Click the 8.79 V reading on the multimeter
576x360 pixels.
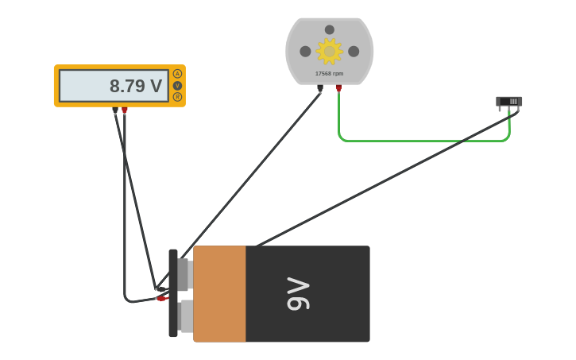point(135,86)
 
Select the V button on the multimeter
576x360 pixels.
point(177,86)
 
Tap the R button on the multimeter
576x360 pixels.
point(177,97)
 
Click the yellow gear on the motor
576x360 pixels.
point(329,51)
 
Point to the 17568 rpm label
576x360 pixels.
point(329,74)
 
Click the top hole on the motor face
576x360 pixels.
point(329,30)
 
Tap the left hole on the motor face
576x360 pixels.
point(305,52)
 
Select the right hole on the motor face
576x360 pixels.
point(354,52)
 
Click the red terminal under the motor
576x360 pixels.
point(338,88)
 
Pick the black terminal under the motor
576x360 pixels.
point(320,88)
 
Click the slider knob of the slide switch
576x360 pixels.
point(513,102)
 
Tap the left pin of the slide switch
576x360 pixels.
point(500,109)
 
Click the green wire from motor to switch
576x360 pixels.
point(421,141)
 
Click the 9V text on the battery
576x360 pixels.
point(298,294)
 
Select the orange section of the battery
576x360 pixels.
point(219,294)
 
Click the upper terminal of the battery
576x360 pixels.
point(184,274)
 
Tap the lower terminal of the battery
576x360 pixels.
point(185,315)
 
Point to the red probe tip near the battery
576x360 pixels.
point(162,299)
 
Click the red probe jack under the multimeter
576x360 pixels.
point(125,110)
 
